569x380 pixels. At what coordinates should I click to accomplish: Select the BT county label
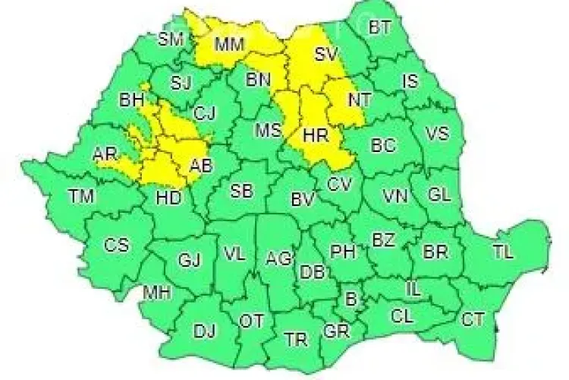[379, 29]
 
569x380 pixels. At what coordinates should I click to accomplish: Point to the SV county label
[325, 54]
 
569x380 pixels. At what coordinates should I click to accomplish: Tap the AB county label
[201, 166]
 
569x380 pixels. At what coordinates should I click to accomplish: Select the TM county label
[80, 197]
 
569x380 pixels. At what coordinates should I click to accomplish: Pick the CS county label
[116, 245]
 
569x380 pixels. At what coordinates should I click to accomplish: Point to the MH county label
[158, 292]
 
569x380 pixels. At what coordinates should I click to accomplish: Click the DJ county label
[204, 331]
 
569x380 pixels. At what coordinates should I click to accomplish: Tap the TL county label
[501, 252]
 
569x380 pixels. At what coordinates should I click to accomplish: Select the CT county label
[473, 320]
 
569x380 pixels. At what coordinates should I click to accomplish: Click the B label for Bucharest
[350, 299]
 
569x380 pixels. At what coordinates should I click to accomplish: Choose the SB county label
[241, 191]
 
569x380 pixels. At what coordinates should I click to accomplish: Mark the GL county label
[439, 195]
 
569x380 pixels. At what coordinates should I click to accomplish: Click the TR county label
[294, 337]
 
